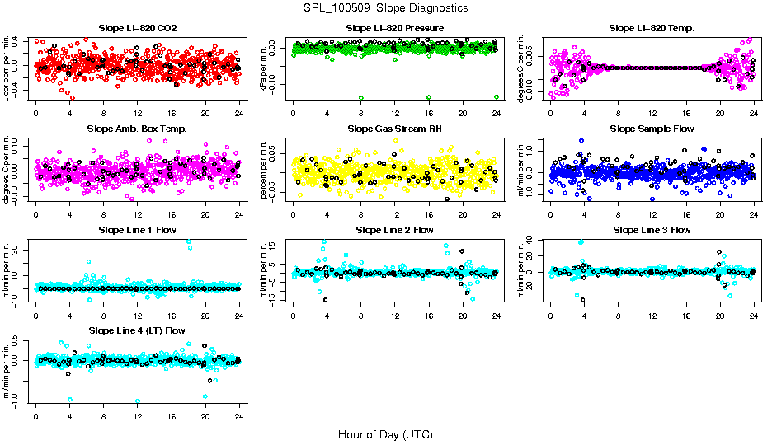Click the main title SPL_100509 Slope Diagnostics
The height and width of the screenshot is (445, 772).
point(385,7)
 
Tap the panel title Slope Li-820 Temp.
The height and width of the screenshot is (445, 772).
point(652,28)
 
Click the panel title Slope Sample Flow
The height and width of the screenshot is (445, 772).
point(652,129)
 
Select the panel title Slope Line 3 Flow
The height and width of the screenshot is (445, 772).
point(652,230)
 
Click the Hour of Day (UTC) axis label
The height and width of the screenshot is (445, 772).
point(385,433)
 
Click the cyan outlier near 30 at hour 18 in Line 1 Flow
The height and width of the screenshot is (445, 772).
point(189,241)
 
